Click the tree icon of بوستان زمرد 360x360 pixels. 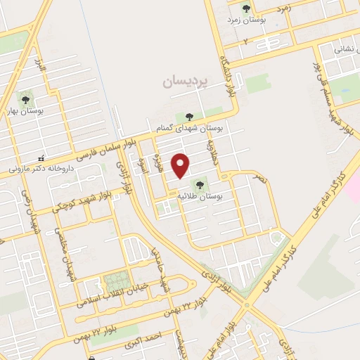click(245, 8)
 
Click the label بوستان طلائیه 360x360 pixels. click(219, 197)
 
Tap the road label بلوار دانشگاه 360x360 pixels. click(228, 76)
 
